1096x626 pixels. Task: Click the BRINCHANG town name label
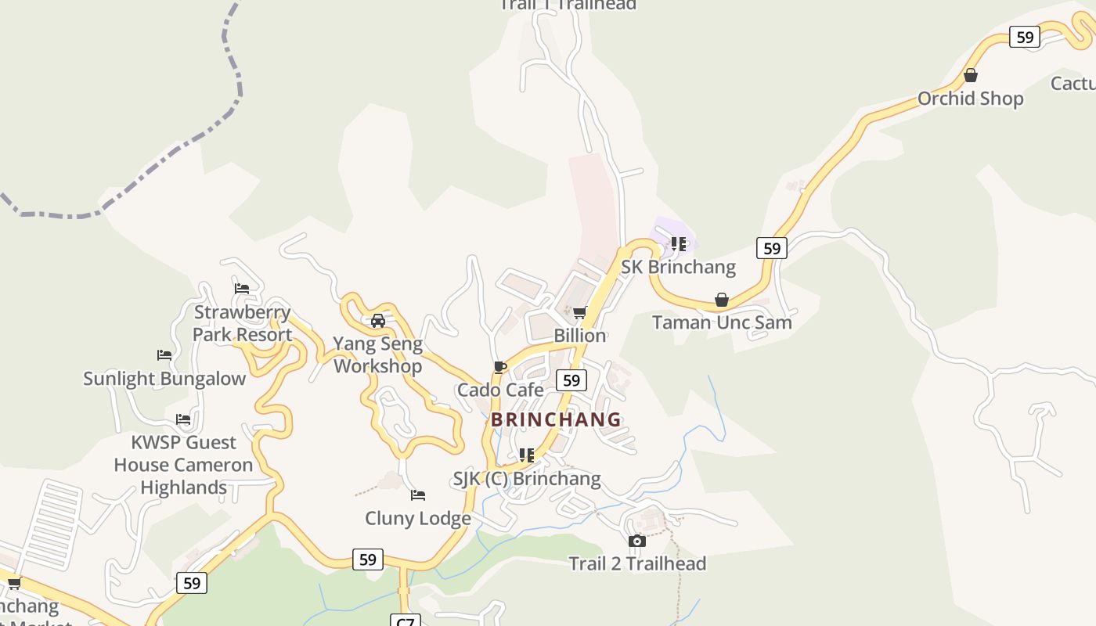556,419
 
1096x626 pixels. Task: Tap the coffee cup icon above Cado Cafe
500,367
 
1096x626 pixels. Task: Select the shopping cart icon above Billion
579,313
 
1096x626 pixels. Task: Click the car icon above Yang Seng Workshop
378,321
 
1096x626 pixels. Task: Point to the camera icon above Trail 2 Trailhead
637,541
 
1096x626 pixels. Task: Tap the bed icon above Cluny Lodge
418,495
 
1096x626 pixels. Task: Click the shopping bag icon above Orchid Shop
971,76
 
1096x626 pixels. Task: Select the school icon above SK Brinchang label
679,244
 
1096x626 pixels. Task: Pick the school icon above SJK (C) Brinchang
527,455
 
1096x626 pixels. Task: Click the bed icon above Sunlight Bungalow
164,355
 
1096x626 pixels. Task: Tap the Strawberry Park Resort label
243,323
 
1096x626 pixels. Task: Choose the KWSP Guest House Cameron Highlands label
183,465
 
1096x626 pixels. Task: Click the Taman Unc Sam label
722,322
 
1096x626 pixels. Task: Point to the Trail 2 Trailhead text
637,563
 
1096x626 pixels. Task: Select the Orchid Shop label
971,99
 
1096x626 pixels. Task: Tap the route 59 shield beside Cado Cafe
571,380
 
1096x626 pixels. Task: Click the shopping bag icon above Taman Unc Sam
722,300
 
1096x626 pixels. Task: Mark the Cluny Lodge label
418,518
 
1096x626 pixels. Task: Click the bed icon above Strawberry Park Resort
242,289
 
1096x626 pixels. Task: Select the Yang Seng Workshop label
378,354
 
